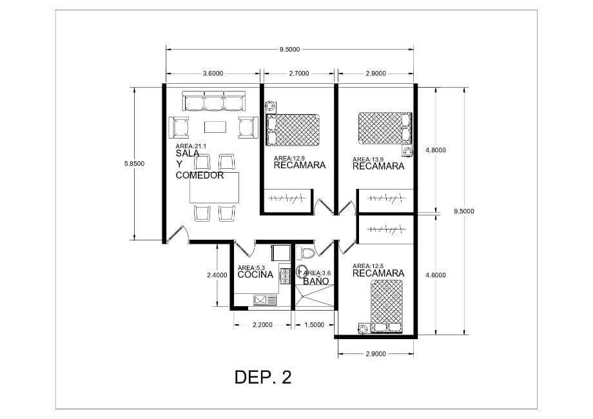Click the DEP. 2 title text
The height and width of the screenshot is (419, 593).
coord(263,377)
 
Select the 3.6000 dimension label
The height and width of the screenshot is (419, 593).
coord(213,73)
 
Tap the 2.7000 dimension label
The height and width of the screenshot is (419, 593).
coord(299,73)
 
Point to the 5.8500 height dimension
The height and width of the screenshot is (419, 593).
coord(134,164)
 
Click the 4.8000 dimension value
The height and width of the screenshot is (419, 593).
coord(436,150)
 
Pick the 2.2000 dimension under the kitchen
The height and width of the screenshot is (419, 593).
coord(262,324)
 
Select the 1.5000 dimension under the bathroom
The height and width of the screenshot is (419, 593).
coord(315,324)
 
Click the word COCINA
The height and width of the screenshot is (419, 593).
coord(255,275)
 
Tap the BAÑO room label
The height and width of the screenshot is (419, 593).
coord(316,280)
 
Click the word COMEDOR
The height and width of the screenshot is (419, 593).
coord(200,175)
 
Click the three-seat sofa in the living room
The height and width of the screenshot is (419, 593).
coord(214,101)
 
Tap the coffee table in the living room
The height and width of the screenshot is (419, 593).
coord(215,127)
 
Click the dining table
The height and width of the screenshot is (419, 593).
coord(215,188)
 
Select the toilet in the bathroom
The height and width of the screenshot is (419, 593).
coord(306,253)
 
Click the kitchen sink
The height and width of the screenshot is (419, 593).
coord(265,300)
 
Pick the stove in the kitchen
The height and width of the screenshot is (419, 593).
coord(284,276)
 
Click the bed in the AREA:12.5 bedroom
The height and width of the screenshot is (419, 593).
coord(387,307)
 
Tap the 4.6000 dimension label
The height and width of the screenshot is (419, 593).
coord(436,275)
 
